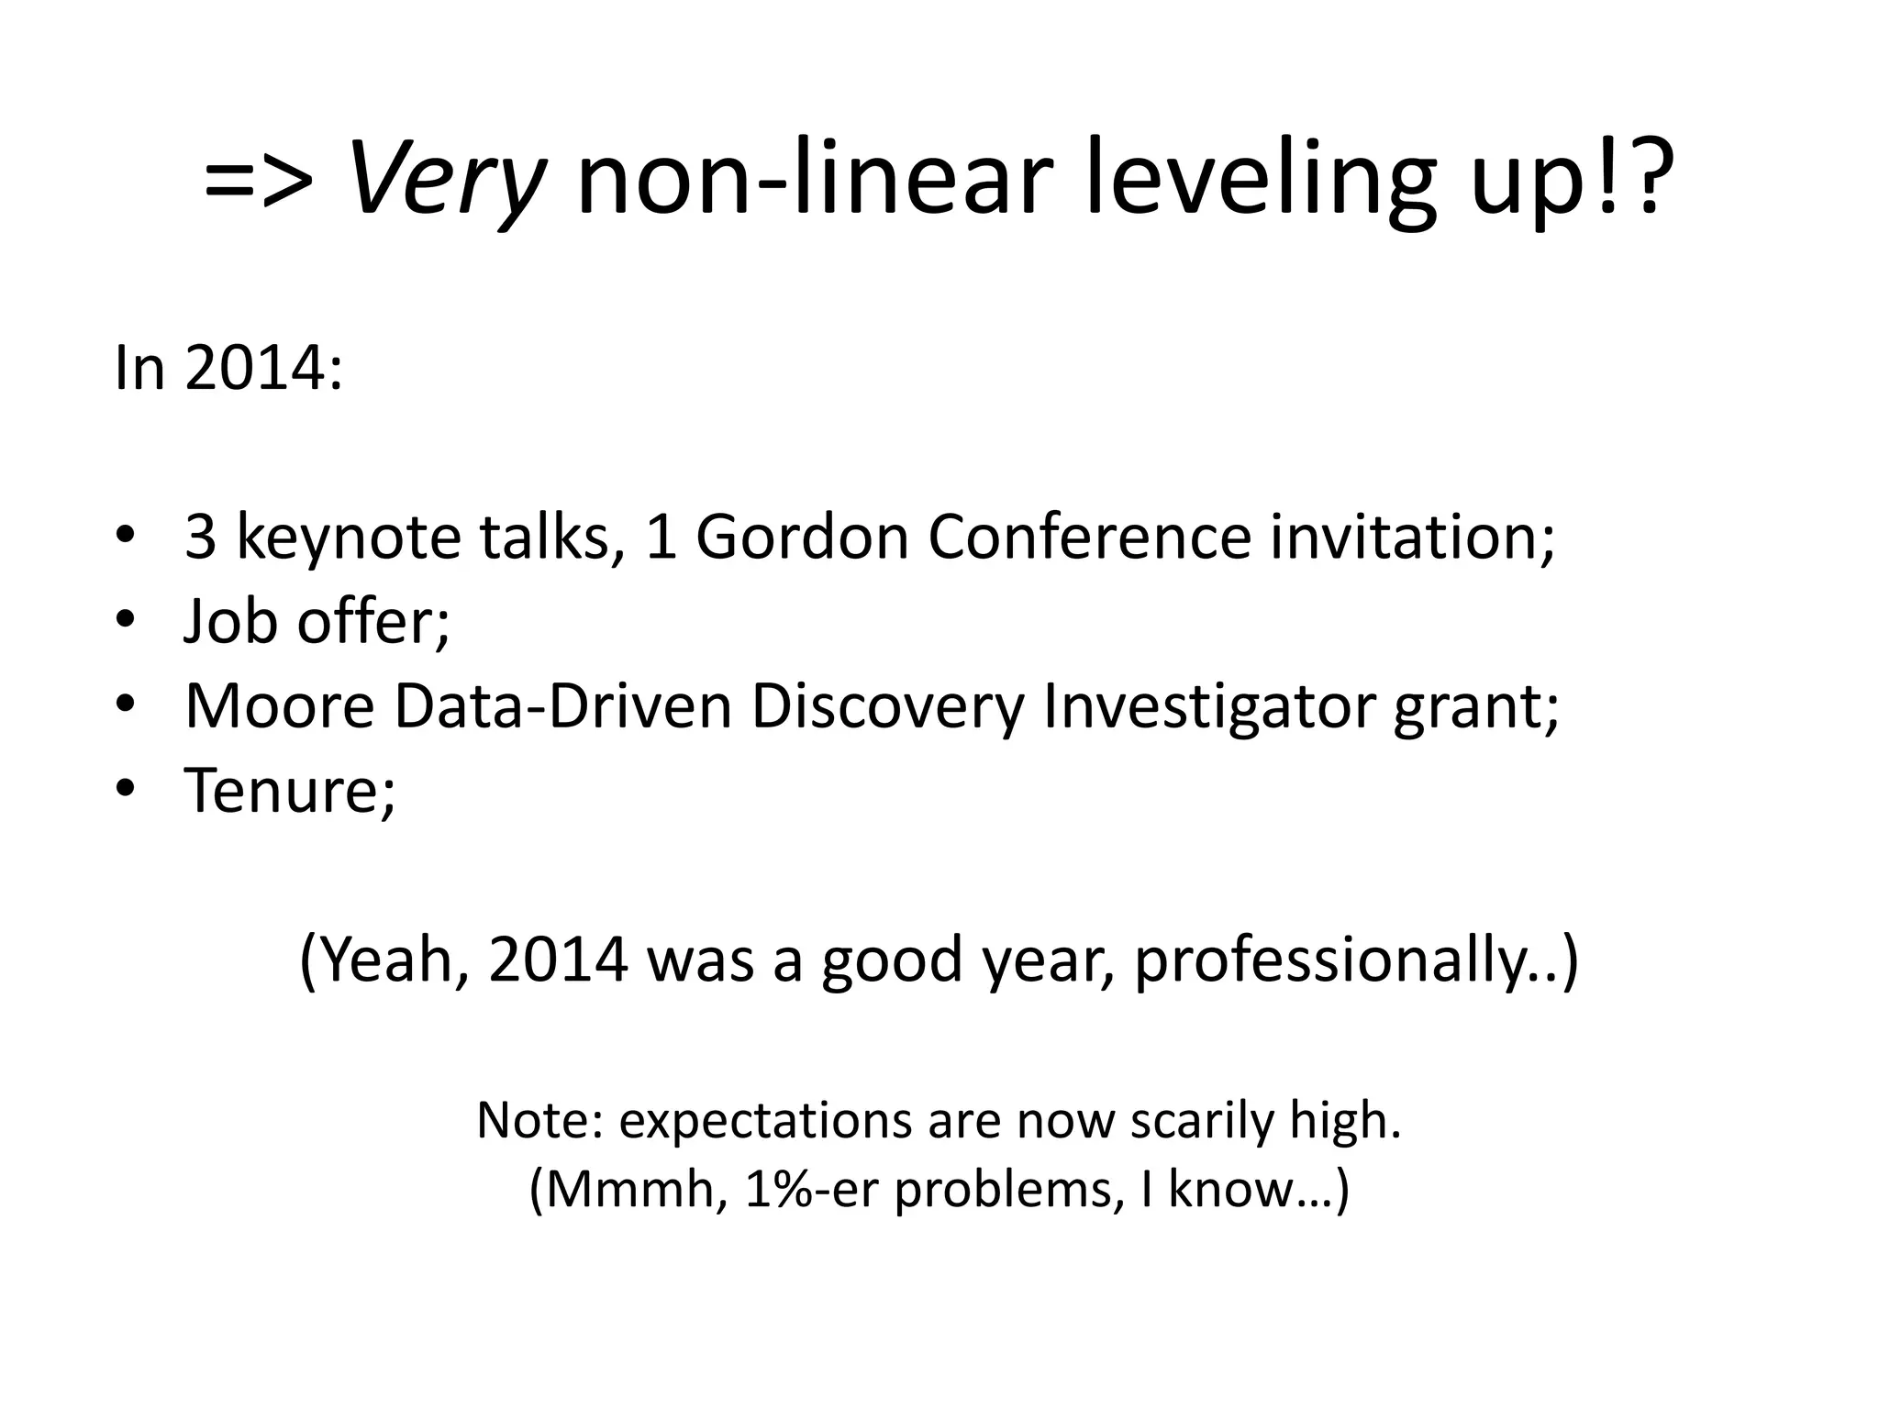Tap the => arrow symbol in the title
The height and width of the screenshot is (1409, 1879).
point(259,179)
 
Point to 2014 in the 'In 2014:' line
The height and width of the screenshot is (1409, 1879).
point(254,369)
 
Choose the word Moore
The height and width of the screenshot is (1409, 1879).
point(280,705)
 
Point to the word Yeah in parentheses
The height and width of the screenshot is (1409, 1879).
point(389,960)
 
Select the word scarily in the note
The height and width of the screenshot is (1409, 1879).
point(1202,1120)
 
